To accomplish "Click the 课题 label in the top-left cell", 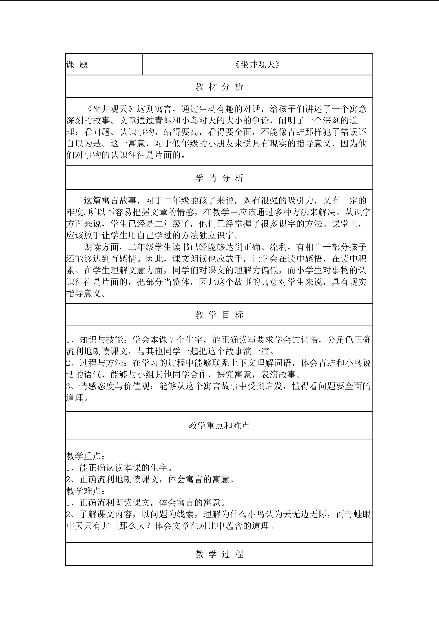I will pyautogui.click(x=77, y=64).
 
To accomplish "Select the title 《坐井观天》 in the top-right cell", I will pyautogui.click(x=257, y=64).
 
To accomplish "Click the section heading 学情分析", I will pyautogui.click(x=219, y=178).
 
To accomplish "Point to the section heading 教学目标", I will pyautogui.click(x=219, y=314).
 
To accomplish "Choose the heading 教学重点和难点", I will pyautogui.click(x=219, y=425).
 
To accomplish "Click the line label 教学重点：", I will pyautogui.click(x=86, y=456).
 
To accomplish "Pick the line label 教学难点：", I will pyautogui.click(x=86, y=491).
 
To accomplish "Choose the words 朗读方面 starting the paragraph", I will pyautogui.click(x=102, y=247).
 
